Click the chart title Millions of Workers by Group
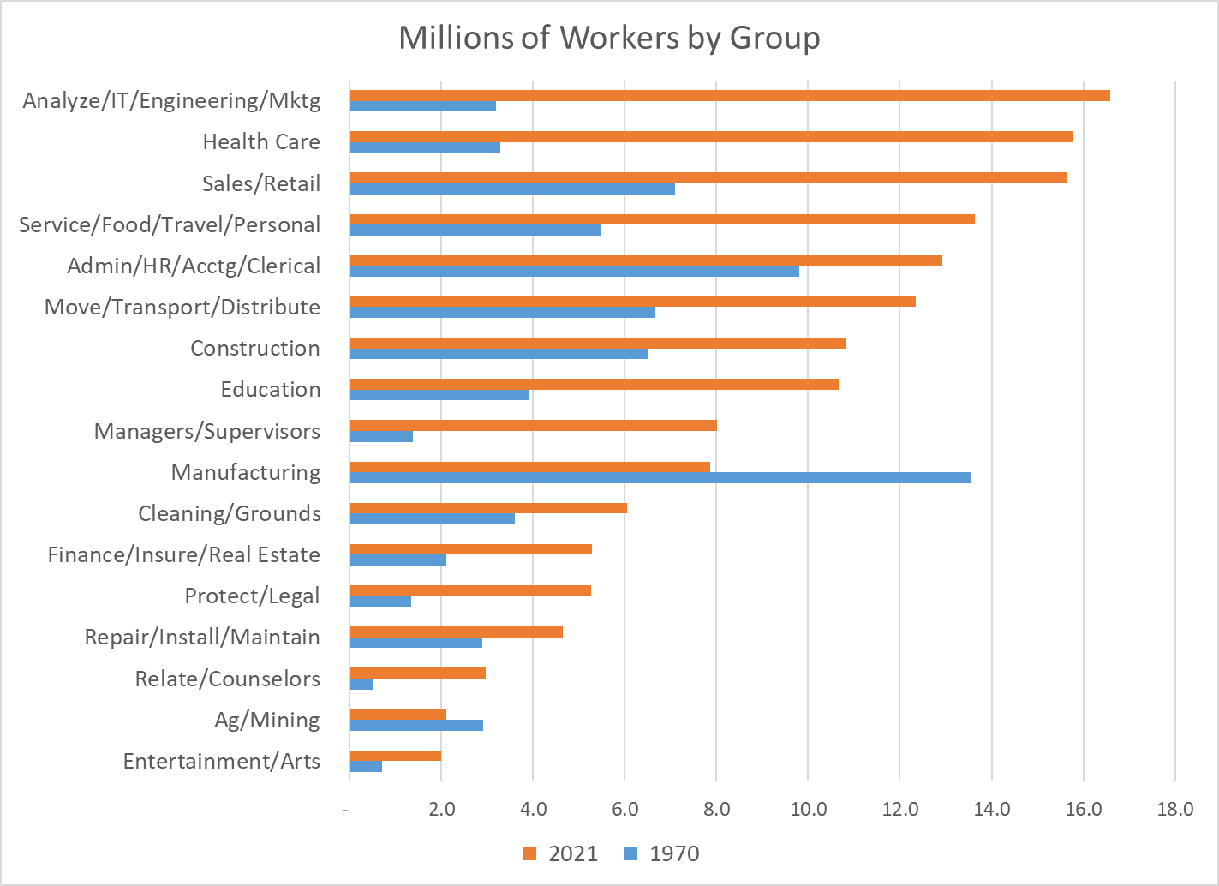click(609, 38)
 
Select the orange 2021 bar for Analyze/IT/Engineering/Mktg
click(729, 95)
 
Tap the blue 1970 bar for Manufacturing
click(660, 477)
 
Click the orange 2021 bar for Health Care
click(711, 136)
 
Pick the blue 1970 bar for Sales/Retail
click(512, 189)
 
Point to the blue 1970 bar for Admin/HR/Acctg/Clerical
click(574, 271)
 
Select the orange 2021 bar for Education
click(594, 384)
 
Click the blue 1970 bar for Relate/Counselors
click(362, 684)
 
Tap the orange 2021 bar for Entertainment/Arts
click(395, 756)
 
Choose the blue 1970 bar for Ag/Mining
click(416, 725)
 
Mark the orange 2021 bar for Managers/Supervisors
click(533, 425)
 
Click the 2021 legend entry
click(560, 853)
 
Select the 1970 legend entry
click(661, 853)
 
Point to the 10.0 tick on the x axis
click(808, 809)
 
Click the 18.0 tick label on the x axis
click(1174, 809)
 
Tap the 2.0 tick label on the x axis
click(442, 809)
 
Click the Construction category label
click(255, 348)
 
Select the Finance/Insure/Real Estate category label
click(184, 554)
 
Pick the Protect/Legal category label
click(253, 596)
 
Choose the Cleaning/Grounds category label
click(230, 513)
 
